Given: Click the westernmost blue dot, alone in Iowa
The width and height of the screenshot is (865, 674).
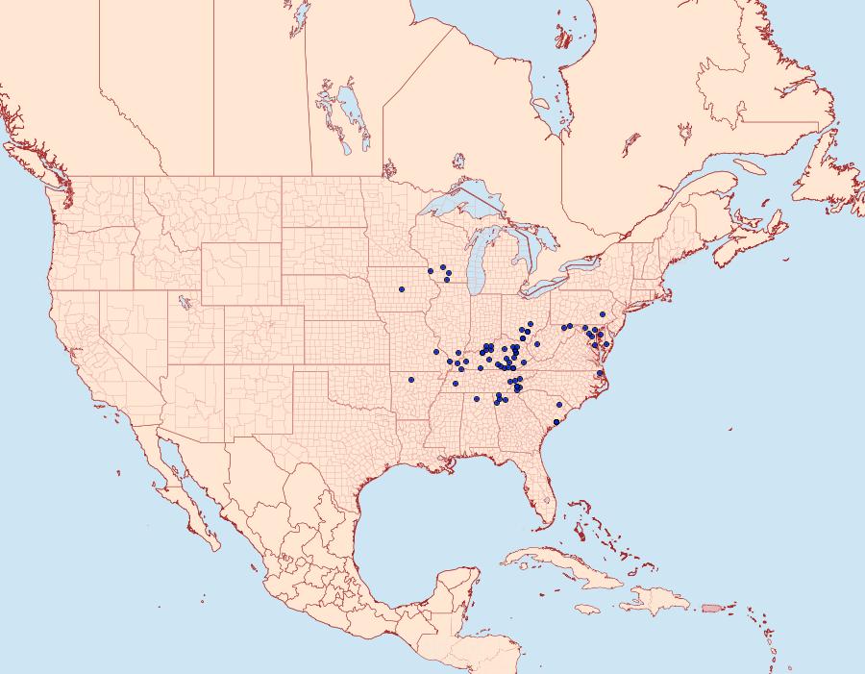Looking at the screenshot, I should (x=402, y=289).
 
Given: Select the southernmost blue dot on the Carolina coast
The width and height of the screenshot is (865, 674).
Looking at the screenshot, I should (x=556, y=422).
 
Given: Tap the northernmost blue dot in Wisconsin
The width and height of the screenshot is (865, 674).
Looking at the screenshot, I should (x=442, y=266).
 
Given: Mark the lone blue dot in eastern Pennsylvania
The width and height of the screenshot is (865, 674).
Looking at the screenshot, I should (x=603, y=314).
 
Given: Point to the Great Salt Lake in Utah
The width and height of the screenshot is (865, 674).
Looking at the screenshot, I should (x=180, y=301).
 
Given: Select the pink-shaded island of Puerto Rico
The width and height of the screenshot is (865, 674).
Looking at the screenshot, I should (x=712, y=607).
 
